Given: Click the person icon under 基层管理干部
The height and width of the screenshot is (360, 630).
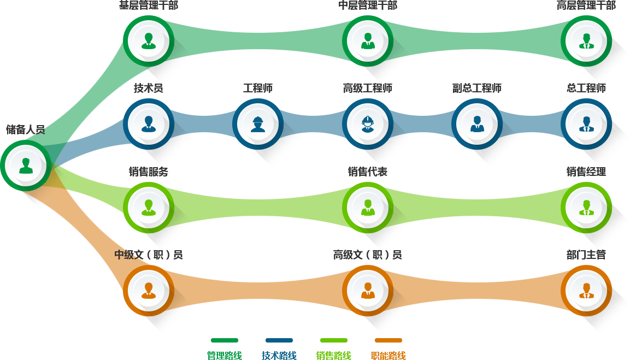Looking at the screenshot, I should tap(149, 41).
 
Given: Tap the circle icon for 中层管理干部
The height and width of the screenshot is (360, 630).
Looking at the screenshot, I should tap(368, 41).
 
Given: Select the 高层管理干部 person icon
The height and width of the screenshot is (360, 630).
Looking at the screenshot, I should tap(586, 41).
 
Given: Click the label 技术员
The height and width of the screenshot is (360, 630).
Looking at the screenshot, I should tap(149, 88).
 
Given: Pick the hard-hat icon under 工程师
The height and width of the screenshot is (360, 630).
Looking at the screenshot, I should tap(258, 124).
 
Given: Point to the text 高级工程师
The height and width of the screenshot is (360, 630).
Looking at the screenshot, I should tap(368, 88).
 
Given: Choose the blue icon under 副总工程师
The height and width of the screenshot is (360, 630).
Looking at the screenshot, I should tap(477, 124).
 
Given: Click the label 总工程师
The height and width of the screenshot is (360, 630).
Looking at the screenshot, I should tap(586, 88).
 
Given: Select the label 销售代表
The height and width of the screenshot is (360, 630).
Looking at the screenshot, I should tap(368, 172).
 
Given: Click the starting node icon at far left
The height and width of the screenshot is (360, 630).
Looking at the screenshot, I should tap(26, 165).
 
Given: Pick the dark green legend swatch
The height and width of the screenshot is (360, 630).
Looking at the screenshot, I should tap(224, 340).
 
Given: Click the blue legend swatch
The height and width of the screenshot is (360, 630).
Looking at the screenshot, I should tap(279, 340).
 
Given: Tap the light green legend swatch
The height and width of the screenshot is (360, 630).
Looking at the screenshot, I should tap(333, 340).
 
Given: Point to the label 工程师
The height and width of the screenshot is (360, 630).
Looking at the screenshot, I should tap(258, 88).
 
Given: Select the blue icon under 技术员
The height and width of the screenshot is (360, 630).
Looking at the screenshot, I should tap(149, 124).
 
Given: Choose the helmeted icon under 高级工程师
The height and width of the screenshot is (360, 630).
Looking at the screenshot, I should tap(368, 124).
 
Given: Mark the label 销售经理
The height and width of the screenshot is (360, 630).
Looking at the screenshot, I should tap(586, 172).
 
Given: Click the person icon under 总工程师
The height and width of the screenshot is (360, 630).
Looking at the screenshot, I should tap(586, 124).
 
